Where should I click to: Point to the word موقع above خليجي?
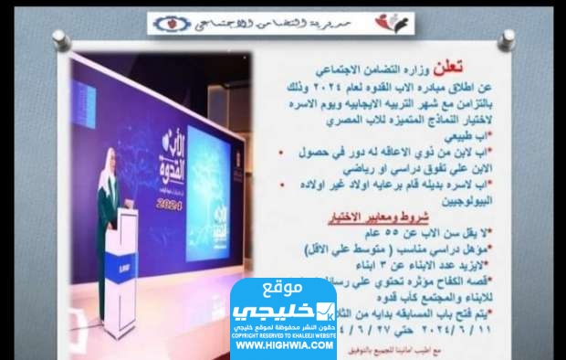click(284, 291)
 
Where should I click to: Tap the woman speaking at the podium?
click(109, 189)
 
